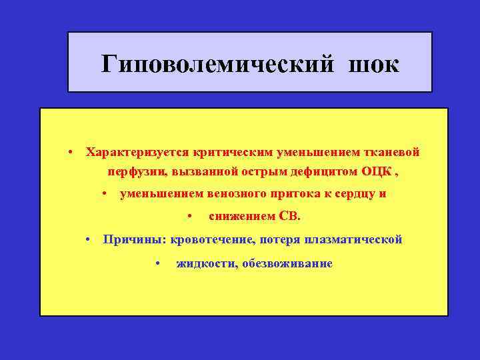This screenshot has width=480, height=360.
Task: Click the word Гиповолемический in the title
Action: click(214, 64)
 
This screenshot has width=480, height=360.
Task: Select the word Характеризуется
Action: click(136, 151)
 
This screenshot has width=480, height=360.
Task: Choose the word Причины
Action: click(133, 239)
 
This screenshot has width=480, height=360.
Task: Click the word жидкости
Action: click(204, 263)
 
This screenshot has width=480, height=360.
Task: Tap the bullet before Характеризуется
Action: click(69, 152)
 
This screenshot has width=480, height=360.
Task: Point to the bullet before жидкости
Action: click(157, 264)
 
